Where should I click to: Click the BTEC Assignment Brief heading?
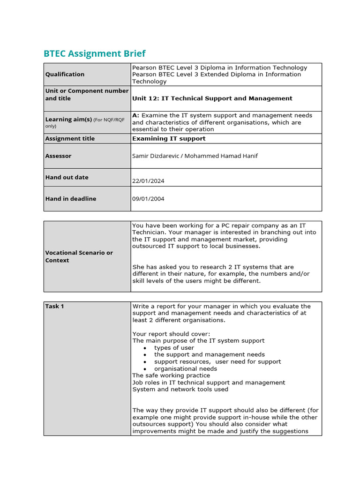click(x=94, y=53)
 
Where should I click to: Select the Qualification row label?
click(x=65, y=74)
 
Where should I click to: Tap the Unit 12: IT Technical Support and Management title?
click(x=212, y=98)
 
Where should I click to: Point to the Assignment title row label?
click(x=70, y=138)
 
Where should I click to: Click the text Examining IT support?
click(x=169, y=138)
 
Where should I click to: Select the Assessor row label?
click(x=58, y=156)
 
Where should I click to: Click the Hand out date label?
click(x=67, y=177)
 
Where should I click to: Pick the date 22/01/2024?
click(x=148, y=181)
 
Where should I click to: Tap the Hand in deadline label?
click(x=70, y=199)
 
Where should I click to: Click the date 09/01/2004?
click(x=148, y=199)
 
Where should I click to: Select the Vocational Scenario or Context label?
click(x=79, y=256)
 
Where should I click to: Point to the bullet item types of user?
click(x=174, y=348)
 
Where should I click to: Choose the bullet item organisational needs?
click(x=185, y=369)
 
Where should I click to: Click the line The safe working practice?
click(x=171, y=375)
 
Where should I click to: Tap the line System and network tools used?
click(x=180, y=389)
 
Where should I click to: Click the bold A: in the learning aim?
click(x=136, y=115)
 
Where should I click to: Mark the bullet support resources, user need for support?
click(x=217, y=362)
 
